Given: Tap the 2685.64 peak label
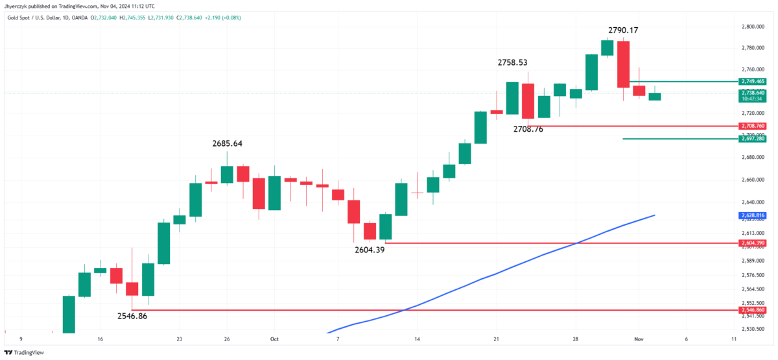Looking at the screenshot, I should coord(231,143).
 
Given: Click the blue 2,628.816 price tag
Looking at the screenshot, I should coord(752,215).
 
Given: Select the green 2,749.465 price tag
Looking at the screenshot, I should coord(752,81).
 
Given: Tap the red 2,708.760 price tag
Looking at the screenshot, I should coord(752,125).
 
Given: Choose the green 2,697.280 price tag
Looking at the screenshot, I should coord(752,139).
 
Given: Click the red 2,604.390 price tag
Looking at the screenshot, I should coord(752,243).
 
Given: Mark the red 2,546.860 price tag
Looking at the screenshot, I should coord(752,311).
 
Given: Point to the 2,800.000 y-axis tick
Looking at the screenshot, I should coord(752,27).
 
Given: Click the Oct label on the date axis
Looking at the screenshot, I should coord(274,339).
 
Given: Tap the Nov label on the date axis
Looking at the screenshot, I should coord(639,339).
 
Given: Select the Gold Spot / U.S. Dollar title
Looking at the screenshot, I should coord(39,18).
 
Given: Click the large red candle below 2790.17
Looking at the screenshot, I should coord(623,64).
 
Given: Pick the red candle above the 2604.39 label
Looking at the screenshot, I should coord(370,231).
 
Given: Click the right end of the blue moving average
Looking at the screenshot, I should coord(654,215).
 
